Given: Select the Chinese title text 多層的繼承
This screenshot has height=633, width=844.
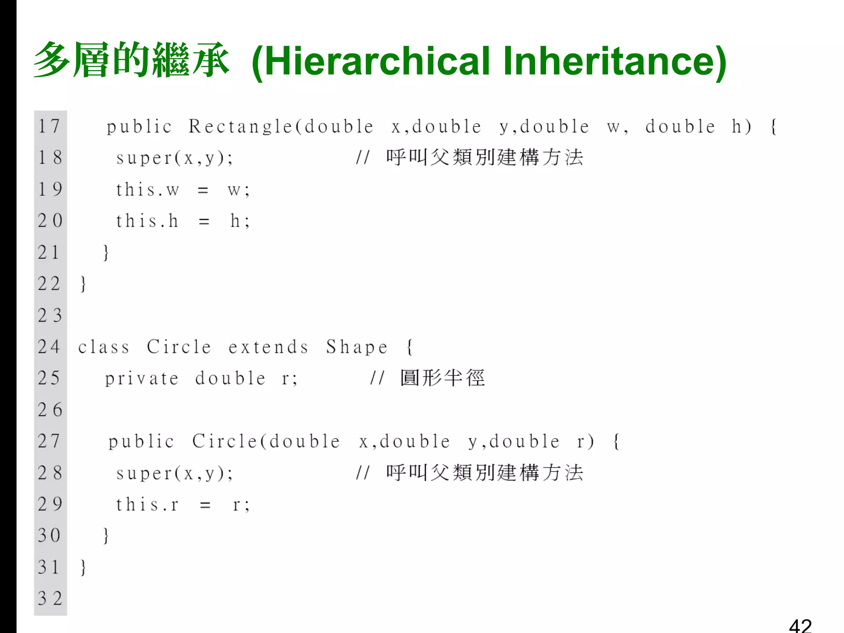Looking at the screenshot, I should tap(131, 60).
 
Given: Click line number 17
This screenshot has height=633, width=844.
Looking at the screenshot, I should tap(49, 126).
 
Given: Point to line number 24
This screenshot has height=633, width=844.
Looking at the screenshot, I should tap(49, 347).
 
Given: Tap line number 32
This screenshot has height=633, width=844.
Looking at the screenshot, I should tap(49, 598).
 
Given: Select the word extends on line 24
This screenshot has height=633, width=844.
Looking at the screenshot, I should tap(268, 347).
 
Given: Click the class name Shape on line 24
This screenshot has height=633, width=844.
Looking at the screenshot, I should tap(357, 347).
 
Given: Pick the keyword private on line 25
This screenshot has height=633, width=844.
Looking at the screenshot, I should tap(142, 379).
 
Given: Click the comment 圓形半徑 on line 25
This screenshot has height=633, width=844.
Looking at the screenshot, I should tap(443, 378).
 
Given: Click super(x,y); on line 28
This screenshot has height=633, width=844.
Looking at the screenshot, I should tap(175, 473).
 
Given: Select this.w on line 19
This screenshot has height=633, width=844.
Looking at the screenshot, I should tap(148, 190).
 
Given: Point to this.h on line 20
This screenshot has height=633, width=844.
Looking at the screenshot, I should tap(147, 221).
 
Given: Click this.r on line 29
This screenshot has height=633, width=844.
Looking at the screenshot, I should tap(147, 505).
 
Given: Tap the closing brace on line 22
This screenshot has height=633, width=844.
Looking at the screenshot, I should tap(83, 284).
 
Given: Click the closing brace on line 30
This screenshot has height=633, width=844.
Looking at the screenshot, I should tap(106, 536).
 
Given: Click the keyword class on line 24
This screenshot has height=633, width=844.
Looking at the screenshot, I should tap(104, 347).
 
